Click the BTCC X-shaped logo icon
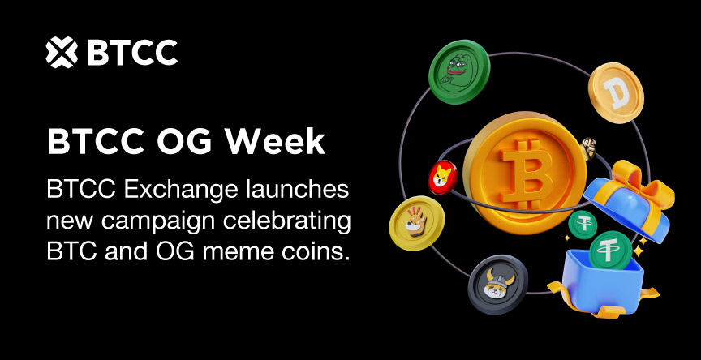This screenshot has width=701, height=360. [62, 52]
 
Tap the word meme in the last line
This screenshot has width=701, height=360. [238, 253]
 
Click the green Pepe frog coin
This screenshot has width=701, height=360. [459, 71]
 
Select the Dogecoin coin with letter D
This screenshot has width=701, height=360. [616, 92]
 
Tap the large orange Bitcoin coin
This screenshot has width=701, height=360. [524, 173]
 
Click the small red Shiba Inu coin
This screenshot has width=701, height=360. [443, 177]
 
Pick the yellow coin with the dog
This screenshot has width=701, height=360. [417, 223]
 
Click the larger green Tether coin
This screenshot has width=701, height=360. [610, 251]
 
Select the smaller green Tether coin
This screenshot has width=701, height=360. [583, 225]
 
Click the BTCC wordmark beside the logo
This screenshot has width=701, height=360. [132, 53]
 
